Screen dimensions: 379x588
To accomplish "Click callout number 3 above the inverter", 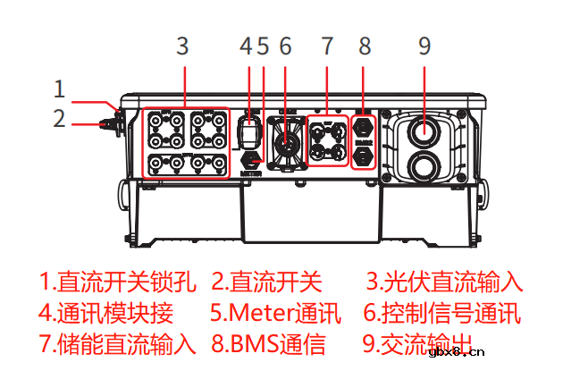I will point(182,46).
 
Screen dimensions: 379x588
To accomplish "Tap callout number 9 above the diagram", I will point(424,46).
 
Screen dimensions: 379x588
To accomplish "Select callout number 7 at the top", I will point(327,46).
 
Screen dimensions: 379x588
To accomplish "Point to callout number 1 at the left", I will point(59,88).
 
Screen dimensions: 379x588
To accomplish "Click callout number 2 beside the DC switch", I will point(59,119).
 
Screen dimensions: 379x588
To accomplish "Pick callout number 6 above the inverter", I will point(286,46).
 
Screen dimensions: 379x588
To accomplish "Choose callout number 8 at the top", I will point(365,46).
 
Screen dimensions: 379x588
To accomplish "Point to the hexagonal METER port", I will point(251,159).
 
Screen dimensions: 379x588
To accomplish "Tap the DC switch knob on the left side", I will point(113,120).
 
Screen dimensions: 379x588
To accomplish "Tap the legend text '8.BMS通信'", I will point(268,344).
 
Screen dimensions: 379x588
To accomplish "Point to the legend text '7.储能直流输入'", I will point(116,344).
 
